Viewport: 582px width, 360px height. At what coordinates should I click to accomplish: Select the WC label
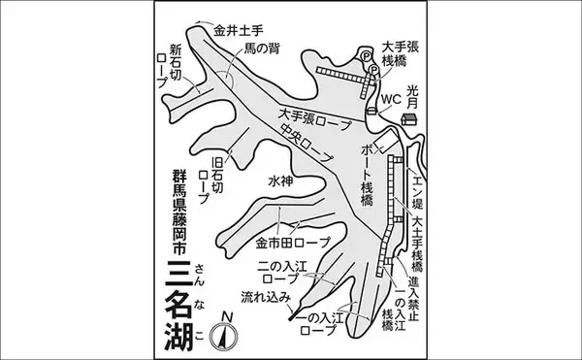(389, 98)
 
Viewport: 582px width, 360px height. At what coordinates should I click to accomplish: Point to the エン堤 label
(419, 189)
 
